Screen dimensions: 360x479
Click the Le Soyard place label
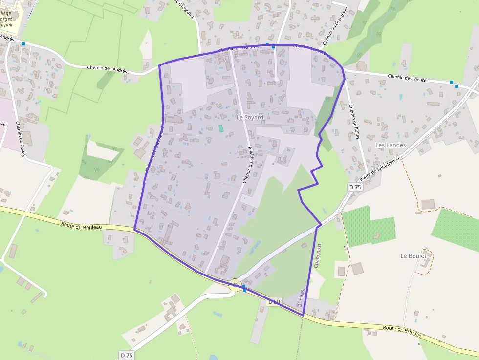[x=250, y=117]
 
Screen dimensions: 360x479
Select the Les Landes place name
[x=391, y=145]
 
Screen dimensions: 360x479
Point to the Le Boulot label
[x=414, y=256]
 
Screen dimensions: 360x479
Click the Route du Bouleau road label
[x=82, y=226]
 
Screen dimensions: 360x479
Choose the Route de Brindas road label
[x=401, y=331]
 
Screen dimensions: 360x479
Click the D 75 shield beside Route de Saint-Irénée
[x=355, y=187]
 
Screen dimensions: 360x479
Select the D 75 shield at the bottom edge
[x=126, y=355]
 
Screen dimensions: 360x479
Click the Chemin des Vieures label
[x=408, y=78]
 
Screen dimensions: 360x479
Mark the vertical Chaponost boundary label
[x=317, y=255]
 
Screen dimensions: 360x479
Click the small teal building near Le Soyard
[x=221, y=128]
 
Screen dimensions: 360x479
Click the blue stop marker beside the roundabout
[x=244, y=289]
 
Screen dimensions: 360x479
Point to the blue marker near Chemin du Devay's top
[x=23, y=44]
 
